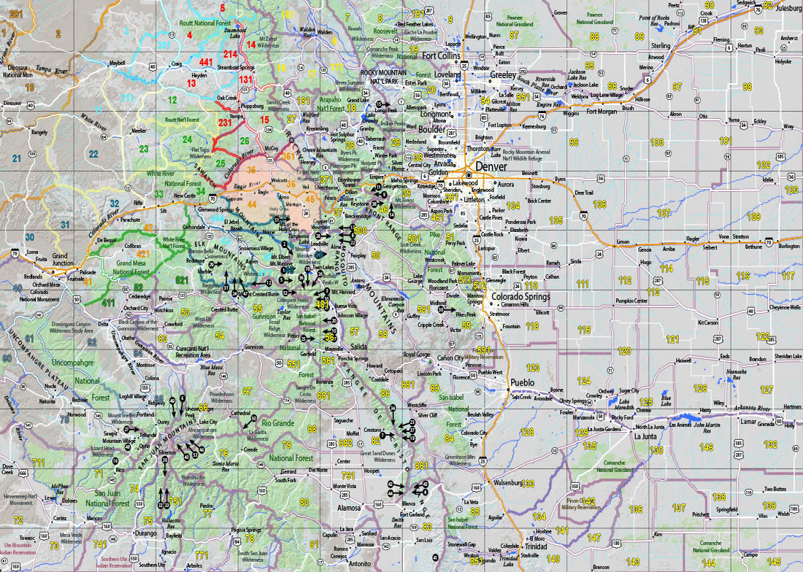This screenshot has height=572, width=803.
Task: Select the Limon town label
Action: pos(623,241)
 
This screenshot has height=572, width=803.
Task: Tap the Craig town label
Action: pos(176,64)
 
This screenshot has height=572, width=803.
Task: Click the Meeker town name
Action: pos(138,131)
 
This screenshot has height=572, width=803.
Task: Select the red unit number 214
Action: pos(230,55)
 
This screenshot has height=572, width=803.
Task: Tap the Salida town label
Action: pos(358,346)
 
